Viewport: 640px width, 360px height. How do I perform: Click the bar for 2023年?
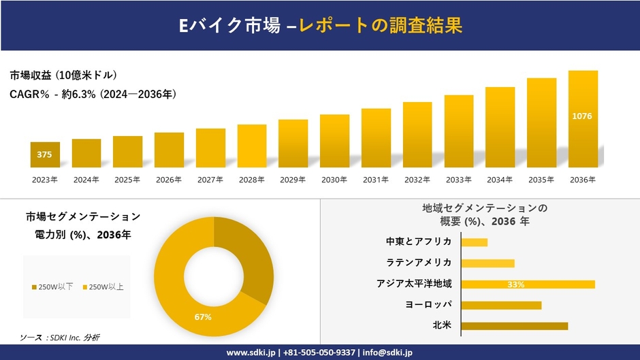click(45, 154)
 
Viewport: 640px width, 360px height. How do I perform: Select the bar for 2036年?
click(583, 119)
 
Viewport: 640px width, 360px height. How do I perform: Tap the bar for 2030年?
click(334, 141)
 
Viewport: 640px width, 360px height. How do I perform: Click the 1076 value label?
click(583, 116)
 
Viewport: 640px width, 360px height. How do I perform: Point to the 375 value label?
click(44, 155)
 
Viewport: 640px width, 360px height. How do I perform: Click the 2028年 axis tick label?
click(251, 180)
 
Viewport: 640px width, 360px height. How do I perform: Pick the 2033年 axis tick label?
click(458, 180)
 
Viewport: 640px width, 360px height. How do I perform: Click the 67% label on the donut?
click(203, 317)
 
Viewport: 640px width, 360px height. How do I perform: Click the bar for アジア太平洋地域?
click(528, 284)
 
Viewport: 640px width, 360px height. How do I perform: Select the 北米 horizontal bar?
click(514, 326)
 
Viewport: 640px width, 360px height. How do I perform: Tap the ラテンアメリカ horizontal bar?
click(487, 263)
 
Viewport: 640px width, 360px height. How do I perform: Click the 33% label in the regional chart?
click(515, 284)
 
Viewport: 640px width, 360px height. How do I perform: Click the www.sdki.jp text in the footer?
click(250, 353)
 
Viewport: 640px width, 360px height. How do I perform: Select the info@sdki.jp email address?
click(387, 353)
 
